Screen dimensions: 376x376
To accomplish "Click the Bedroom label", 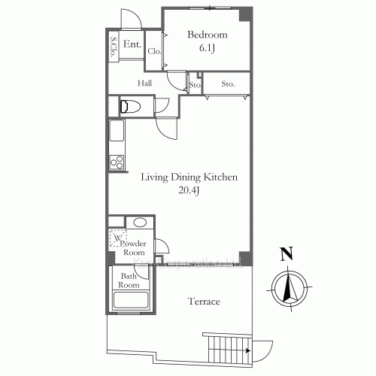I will point(207,35).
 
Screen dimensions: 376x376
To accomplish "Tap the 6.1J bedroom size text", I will point(207,48).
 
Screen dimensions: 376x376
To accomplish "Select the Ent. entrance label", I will point(132,44).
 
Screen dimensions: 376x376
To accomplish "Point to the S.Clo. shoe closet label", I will point(114,47).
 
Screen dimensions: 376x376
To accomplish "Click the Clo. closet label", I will point(155,51).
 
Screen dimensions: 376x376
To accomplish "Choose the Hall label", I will point(145,83).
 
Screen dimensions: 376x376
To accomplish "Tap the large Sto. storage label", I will point(228,84).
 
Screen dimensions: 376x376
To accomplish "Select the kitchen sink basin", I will point(117,134).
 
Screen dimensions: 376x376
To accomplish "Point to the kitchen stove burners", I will point(117,161).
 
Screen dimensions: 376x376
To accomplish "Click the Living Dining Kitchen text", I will point(190,177).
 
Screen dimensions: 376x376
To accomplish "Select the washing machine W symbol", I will point(118,239).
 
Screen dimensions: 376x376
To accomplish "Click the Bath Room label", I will point(130,280).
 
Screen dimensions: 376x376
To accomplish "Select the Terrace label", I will point(203,302).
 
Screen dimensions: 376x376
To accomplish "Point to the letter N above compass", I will point(285,255).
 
